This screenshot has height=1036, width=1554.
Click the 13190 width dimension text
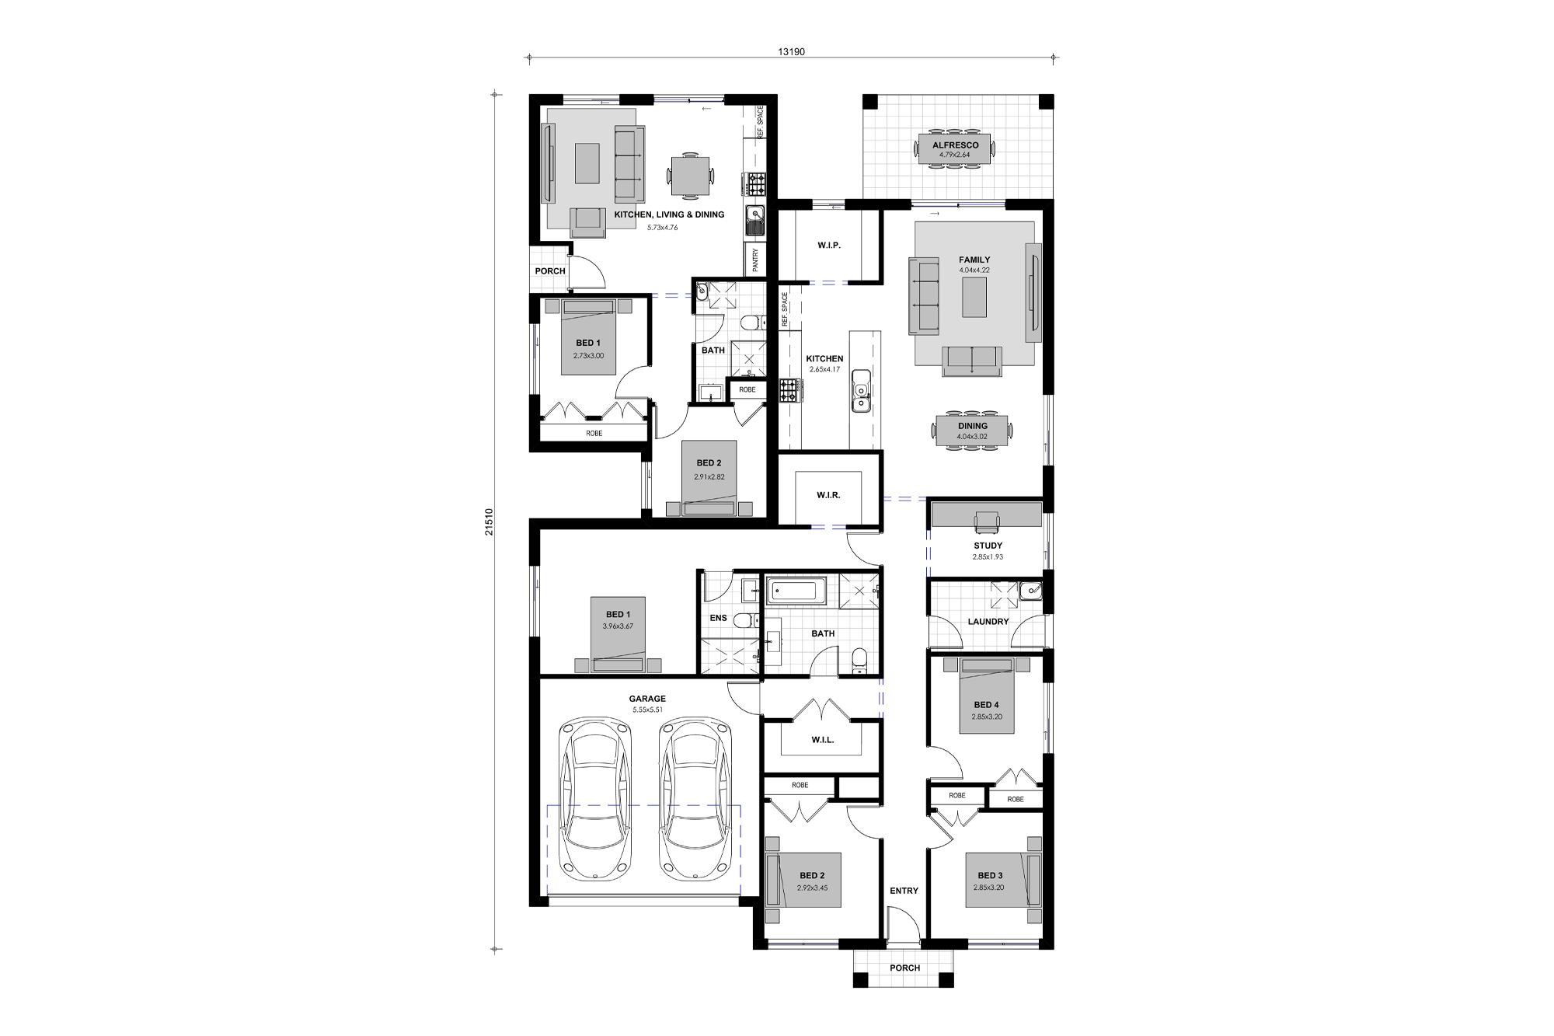(x=791, y=52)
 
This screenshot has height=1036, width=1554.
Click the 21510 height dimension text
(x=489, y=521)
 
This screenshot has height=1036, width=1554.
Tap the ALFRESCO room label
(x=955, y=145)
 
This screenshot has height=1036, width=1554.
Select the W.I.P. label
(x=828, y=246)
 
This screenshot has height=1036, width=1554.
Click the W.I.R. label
(x=828, y=495)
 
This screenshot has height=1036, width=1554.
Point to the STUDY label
(x=988, y=546)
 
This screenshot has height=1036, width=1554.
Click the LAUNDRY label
(x=988, y=622)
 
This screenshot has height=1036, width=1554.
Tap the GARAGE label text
(x=647, y=699)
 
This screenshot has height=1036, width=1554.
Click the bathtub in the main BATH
(x=796, y=591)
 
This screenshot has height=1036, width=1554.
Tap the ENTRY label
(x=904, y=891)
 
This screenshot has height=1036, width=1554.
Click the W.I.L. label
(x=822, y=740)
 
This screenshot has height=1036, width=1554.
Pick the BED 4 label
(x=986, y=705)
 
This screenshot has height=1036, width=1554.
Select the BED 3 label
(x=990, y=875)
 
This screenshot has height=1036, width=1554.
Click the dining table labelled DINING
(x=972, y=431)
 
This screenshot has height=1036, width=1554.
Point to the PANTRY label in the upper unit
(x=755, y=260)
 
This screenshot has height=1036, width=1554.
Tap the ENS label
(x=718, y=619)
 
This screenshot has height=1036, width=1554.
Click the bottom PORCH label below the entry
(x=904, y=968)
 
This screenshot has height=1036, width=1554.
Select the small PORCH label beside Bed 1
(x=550, y=271)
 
